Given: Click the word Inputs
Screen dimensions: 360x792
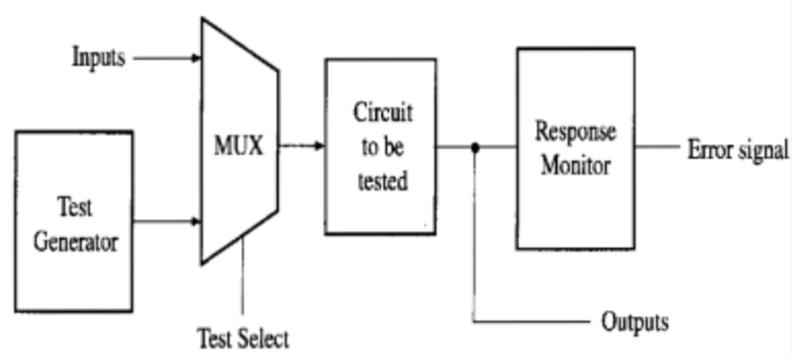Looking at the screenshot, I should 99,58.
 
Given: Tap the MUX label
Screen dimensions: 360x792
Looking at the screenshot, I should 238,149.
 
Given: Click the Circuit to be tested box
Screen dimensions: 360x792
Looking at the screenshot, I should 380,146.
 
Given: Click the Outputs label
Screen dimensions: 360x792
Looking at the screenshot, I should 634,321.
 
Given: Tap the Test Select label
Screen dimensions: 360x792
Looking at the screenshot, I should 243,339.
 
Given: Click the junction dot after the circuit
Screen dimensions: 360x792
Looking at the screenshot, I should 475,147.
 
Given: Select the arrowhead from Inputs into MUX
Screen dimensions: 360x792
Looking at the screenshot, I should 195,58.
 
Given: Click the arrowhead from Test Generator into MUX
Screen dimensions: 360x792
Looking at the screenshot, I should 195,222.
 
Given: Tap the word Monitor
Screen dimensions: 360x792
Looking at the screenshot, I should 575,165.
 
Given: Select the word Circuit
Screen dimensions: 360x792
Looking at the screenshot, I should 382,113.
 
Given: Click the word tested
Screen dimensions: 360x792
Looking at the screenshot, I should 381,180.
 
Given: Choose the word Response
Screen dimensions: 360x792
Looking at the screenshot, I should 575,131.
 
